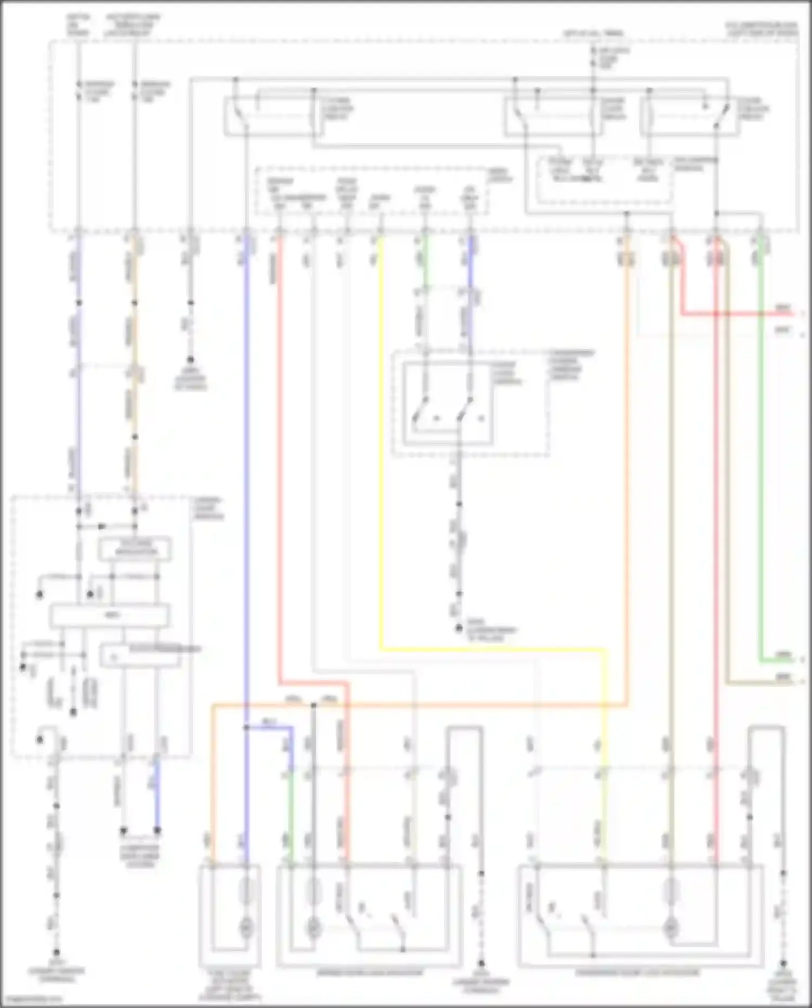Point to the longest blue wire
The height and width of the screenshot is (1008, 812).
tap(246, 487)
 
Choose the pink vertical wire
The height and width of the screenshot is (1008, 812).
tap(716, 542)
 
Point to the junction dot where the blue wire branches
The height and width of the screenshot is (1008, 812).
tap(246, 727)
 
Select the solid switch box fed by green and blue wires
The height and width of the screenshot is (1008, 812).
tap(447, 404)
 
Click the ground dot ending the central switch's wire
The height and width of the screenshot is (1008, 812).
tap(459, 629)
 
